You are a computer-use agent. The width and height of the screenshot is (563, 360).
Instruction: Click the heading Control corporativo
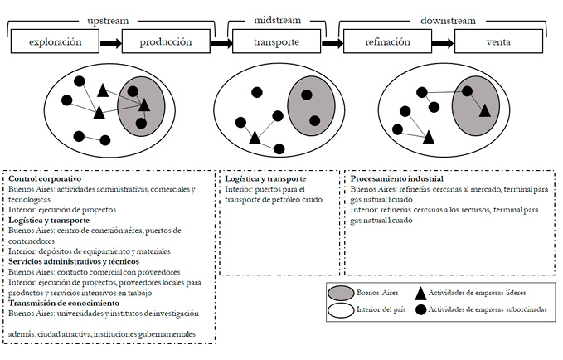(x=45, y=178)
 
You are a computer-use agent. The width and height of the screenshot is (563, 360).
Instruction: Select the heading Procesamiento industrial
(x=396, y=178)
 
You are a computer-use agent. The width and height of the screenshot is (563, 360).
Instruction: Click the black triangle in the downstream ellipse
(x=483, y=109)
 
